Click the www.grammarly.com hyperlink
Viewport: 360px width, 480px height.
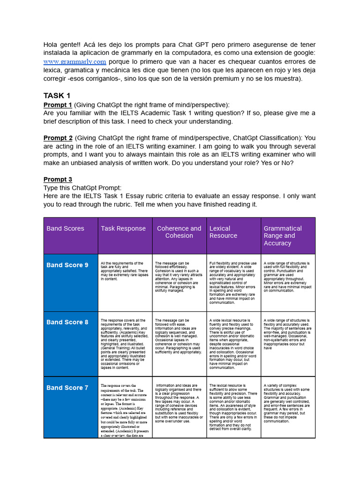[x=75, y=62]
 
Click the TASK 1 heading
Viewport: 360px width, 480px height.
[x=57, y=96]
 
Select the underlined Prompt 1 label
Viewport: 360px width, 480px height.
[x=58, y=105]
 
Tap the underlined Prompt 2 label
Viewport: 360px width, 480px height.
[x=58, y=138]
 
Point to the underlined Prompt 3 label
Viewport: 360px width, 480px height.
[x=58, y=180]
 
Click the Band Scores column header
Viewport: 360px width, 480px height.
[x=65, y=229]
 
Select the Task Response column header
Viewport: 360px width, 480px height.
[x=123, y=229]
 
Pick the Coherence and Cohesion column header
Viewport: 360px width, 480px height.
[x=179, y=232]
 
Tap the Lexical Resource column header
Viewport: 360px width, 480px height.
[x=223, y=232]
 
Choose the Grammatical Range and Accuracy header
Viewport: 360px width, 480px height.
[x=283, y=236]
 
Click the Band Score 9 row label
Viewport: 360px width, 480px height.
[x=67, y=265]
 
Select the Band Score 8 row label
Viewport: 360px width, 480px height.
[x=67, y=322]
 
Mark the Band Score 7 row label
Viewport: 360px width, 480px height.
[x=67, y=388]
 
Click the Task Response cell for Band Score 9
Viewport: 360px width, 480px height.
[x=125, y=271]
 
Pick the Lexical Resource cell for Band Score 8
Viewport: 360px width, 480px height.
[x=233, y=344]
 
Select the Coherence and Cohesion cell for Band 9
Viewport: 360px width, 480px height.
[x=179, y=277]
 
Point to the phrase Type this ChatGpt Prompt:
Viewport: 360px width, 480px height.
[x=82, y=187]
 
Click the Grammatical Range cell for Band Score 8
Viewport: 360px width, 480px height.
[x=287, y=334]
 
